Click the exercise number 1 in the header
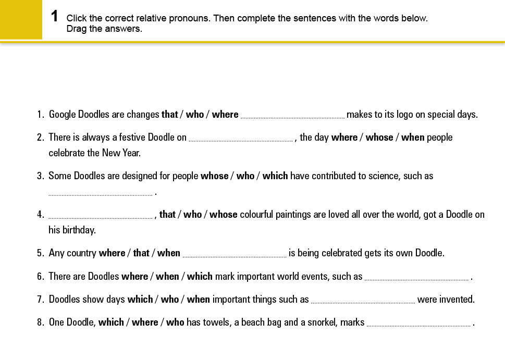click(55, 16)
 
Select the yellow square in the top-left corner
click(21, 20)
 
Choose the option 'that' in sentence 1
click(170, 115)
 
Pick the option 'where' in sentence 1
click(225, 115)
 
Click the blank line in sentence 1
click(292, 116)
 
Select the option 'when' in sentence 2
click(413, 138)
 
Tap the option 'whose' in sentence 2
click(379, 138)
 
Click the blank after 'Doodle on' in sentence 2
click(240, 139)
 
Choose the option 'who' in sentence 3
click(245, 176)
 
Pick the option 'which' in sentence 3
click(275, 176)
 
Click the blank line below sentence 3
click(100, 193)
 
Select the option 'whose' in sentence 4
click(224, 215)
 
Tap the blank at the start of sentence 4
click(100, 216)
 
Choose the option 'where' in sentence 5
click(112, 253)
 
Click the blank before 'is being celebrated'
click(235, 255)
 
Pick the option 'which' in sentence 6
click(200, 277)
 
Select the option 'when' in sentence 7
click(198, 300)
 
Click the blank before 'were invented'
click(363, 301)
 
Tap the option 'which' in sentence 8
click(111, 322)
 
